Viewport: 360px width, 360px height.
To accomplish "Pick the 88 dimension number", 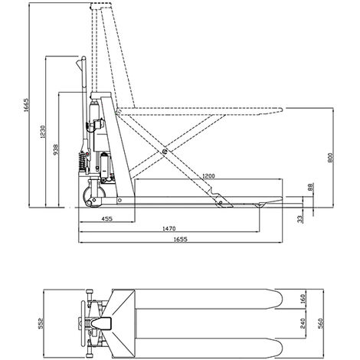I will (310, 187).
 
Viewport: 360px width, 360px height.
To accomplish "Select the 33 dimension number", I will (300, 217).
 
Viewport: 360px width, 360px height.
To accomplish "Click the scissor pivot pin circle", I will (165, 152).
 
